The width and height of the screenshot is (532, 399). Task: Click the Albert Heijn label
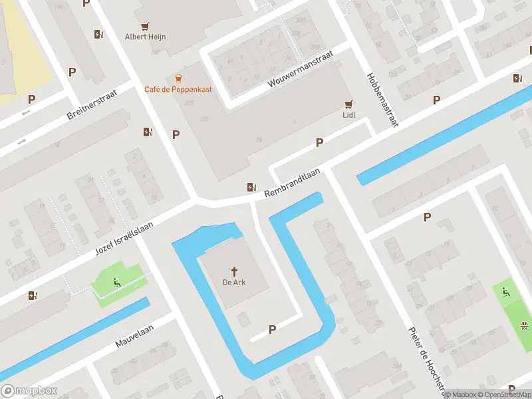pyautogui.click(x=145, y=37)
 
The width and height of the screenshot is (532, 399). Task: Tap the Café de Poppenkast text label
pyautogui.click(x=178, y=89)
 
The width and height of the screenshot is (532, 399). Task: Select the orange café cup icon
pyautogui.click(x=178, y=78)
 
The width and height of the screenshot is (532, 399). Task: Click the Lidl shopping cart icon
pyautogui.click(x=348, y=104)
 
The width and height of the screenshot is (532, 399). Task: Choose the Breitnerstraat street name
pyautogui.click(x=92, y=105)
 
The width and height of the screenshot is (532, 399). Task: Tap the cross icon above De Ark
pyautogui.click(x=234, y=271)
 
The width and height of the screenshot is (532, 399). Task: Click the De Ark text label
pyautogui.click(x=234, y=282)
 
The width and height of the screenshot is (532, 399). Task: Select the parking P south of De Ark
pyautogui.click(x=272, y=329)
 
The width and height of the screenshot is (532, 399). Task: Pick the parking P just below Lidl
pyautogui.click(x=320, y=142)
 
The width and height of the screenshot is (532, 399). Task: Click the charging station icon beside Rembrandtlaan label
pyautogui.click(x=251, y=187)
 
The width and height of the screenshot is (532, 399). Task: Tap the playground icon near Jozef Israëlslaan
pyautogui.click(x=117, y=281)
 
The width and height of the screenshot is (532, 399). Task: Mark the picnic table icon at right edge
pyautogui.click(x=524, y=325)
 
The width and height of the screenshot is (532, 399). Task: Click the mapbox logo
pyautogui.click(x=29, y=391)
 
